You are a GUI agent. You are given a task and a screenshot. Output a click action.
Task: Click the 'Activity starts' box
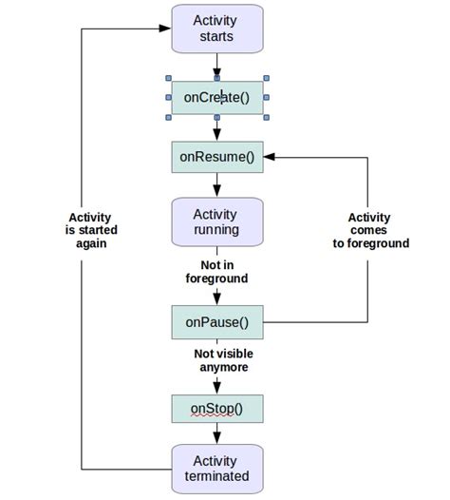click(x=216, y=29)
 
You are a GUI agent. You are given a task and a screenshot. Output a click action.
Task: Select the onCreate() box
click(x=216, y=97)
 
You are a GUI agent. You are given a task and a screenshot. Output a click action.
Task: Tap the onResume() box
click(x=216, y=157)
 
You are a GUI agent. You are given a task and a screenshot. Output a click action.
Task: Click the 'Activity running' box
click(x=216, y=221)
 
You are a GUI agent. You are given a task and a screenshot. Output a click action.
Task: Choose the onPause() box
click(x=216, y=321)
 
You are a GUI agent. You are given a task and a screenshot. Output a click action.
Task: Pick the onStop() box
click(x=216, y=409)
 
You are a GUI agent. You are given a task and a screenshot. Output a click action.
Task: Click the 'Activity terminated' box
click(x=216, y=468)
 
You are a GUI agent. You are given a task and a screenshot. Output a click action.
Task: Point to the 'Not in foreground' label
click(x=216, y=271)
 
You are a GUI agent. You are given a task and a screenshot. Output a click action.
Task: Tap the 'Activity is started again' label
click(x=91, y=230)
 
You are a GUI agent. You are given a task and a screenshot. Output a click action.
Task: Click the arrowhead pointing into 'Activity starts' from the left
click(x=165, y=29)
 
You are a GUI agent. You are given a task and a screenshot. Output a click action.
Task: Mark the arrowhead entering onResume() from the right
click(x=270, y=157)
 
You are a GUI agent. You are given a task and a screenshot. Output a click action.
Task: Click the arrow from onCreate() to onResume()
click(x=216, y=129)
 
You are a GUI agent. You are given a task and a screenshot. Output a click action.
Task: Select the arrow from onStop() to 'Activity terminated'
click(x=216, y=434)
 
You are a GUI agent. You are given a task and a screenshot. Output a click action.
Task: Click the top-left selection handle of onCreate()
click(x=169, y=79)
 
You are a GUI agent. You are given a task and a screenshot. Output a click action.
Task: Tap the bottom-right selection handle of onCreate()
click(x=265, y=116)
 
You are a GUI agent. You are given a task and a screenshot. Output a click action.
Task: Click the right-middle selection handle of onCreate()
click(x=265, y=97)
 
